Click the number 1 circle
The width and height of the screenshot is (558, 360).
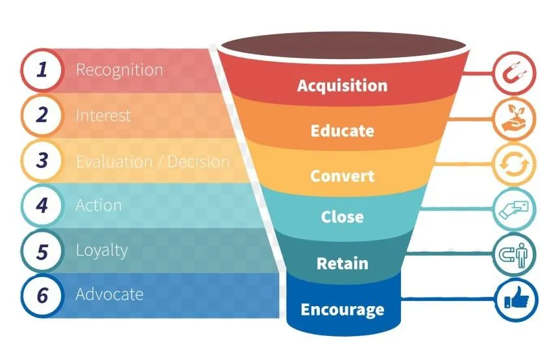click(42, 69)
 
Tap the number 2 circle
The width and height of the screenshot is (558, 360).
click(42, 115)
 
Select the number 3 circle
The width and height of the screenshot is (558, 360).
click(42, 160)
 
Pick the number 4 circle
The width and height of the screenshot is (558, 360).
click(42, 206)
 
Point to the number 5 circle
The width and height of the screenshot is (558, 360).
click(42, 251)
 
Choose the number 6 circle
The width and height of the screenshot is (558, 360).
click(42, 296)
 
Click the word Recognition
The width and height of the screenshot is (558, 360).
click(119, 70)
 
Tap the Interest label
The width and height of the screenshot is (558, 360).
click(103, 115)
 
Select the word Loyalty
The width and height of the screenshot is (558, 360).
click(102, 251)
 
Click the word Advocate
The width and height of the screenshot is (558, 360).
click(110, 294)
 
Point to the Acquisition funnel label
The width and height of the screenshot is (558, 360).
click(343, 86)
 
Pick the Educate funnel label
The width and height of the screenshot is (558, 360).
click(343, 130)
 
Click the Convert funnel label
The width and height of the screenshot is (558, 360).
click(343, 176)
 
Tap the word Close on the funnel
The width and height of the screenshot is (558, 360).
click(343, 217)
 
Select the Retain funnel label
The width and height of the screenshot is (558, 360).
click(343, 263)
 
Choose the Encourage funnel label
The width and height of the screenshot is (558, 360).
click(343, 309)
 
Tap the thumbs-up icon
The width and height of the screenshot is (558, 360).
click(516, 298)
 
